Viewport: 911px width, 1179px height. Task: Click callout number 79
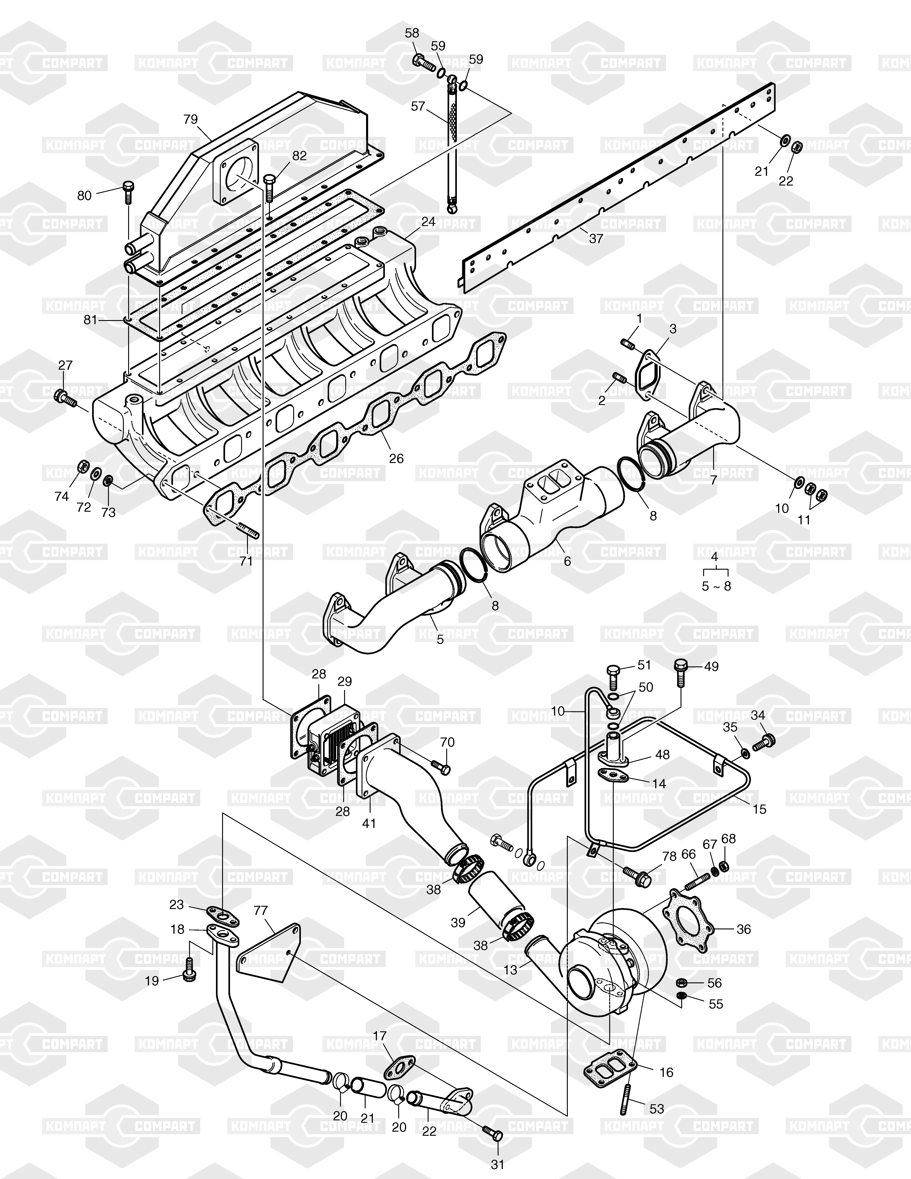[191, 119]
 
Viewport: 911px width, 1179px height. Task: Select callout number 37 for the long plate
[596, 238]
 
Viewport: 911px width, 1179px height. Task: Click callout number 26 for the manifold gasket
[397, 458]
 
